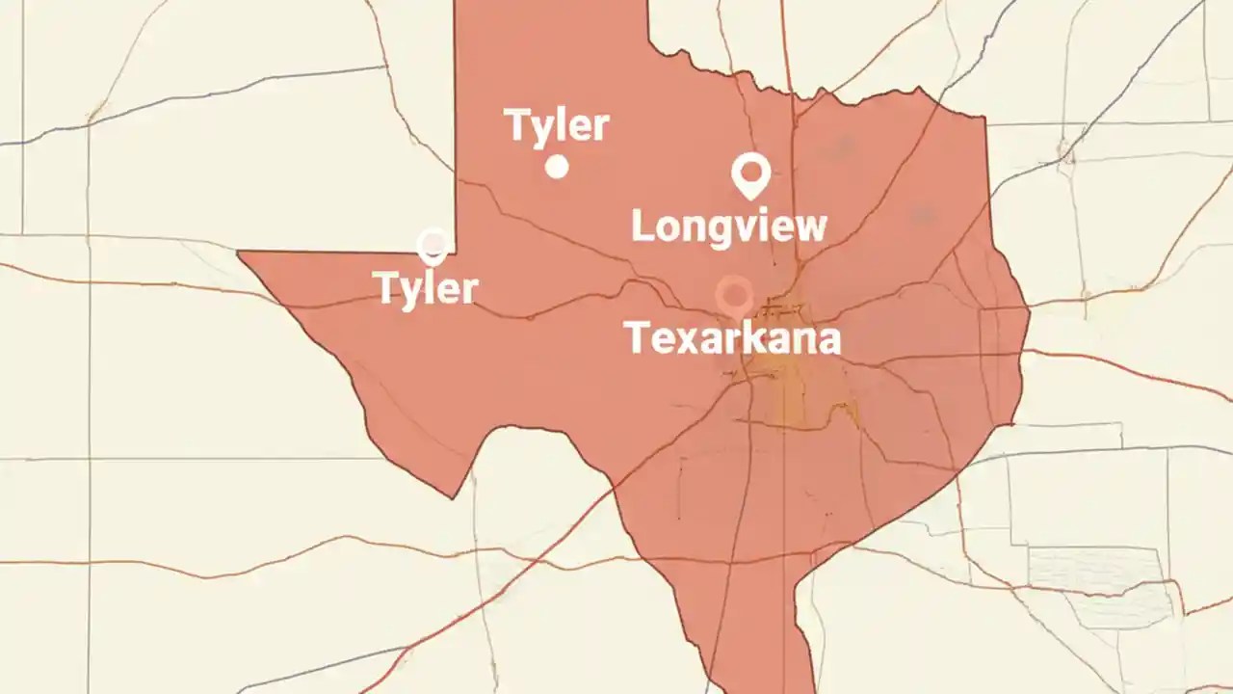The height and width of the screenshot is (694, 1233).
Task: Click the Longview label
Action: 728,227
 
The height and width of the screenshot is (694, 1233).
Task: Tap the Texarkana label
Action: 732,338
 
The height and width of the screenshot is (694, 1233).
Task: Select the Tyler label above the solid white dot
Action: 557,126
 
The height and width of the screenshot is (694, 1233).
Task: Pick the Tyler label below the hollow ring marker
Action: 426,288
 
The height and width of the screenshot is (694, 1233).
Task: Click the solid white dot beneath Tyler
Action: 557,167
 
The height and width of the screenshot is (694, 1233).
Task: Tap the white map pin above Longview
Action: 749,173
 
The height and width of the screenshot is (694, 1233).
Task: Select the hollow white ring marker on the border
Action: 433,245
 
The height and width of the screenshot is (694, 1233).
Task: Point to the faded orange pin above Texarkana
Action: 734,294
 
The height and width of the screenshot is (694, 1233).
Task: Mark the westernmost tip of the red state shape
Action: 239,253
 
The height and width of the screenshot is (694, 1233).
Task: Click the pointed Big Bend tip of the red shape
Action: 454,497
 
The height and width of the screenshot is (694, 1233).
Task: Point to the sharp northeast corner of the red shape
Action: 984,118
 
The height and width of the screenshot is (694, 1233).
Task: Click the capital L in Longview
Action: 643,227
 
